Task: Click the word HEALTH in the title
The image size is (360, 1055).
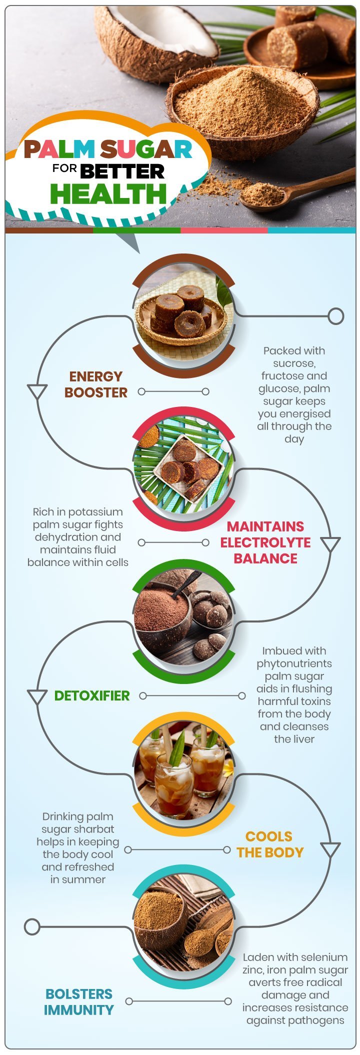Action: [108, 194]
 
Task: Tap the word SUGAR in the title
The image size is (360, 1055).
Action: [146, 149]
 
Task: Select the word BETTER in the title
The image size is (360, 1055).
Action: [122, 171]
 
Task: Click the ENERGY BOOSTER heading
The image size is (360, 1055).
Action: [96, 384]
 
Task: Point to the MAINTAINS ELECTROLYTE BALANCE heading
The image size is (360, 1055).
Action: [265, 542]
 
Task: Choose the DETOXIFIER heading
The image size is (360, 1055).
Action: [92, 695]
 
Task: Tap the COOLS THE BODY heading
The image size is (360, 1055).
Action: [270, 844]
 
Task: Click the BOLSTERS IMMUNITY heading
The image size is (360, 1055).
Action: [78, 1001]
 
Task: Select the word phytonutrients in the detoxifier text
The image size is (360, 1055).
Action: [294, 663]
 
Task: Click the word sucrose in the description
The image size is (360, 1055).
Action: [294, 363]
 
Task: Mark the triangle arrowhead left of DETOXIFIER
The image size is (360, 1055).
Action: [37, 696]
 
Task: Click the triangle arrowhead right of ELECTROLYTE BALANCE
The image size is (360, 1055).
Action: [330, 544]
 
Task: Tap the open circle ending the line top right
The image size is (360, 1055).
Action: [336, 316]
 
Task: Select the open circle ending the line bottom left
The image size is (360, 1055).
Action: [32, 926]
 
